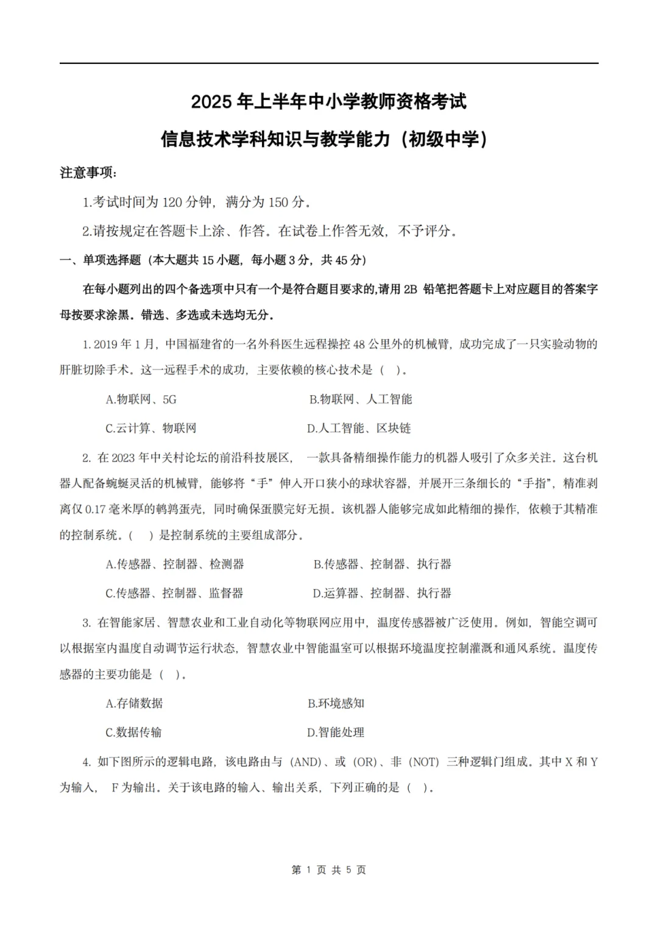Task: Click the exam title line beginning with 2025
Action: pyautogui.click(x=328, y=101)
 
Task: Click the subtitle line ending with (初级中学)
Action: pyautogui.click(x=328, y=140)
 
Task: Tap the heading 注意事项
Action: pyautogui.click(x=88, y=173)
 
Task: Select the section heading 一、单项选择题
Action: pyautogui.click(x=101, y=260)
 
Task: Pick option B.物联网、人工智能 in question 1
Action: pyautogui.click(x=360, y=399)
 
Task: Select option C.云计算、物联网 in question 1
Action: pyautogui.click(x=150, y=428)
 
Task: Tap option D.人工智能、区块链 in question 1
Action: pyautogui.click(x=359, y=428)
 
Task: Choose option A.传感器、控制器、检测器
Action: pyautogui.click(x=174, y=565)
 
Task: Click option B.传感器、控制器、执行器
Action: pyautogui.click(x=382, y=565)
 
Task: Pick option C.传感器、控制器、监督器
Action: pyautogui.click(x=174, y=593)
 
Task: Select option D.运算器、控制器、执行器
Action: pyautogui.click(x=382, y=593)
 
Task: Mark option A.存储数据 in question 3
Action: pyautogui.click(x=134, y=704)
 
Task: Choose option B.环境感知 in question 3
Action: pyautogui.click(x=336, y=704)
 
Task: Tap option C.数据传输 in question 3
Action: pyautogui.click(x=133, y=732)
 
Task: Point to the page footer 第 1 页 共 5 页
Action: pyautogui.click(x=329, y=870)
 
